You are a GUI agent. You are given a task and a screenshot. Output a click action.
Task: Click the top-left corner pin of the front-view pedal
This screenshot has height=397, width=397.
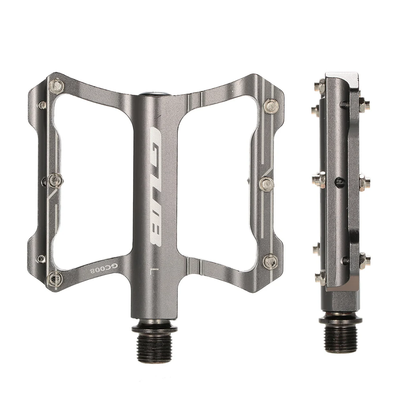[57, 86]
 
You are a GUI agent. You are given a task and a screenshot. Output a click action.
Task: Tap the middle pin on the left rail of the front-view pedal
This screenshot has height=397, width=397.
[55, 181]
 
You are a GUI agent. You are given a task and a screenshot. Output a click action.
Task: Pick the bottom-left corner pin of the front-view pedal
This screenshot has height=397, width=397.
[54, 279]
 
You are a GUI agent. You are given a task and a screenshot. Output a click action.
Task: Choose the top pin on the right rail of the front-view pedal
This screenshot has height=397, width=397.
[271, 106]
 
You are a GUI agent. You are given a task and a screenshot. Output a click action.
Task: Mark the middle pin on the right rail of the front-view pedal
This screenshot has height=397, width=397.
[267, 183]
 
